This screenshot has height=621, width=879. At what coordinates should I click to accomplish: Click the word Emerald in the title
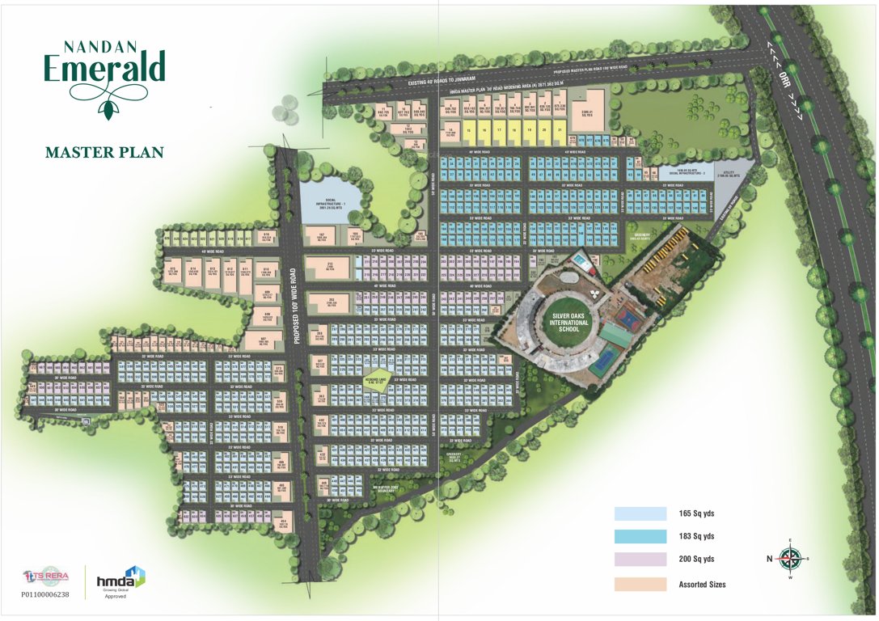[104, 68]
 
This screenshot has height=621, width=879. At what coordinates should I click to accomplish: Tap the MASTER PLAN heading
[104, 152]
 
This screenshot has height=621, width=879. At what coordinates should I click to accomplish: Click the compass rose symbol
[790, 557]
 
